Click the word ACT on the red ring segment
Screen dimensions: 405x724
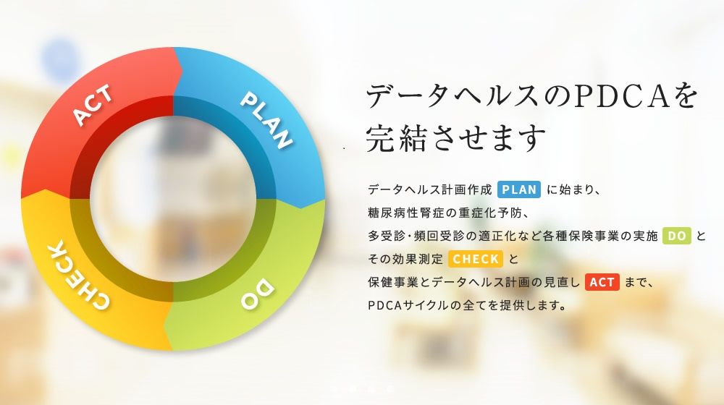(93, 106)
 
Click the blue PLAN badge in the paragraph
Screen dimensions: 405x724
(519, 190)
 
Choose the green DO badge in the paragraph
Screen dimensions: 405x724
(676, 236)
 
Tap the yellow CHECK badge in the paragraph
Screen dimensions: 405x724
(475, 259)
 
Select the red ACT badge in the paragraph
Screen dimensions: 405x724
(602, 282)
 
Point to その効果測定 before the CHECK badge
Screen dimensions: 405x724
(405, 259)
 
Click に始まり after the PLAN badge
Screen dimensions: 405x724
(573, 190)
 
